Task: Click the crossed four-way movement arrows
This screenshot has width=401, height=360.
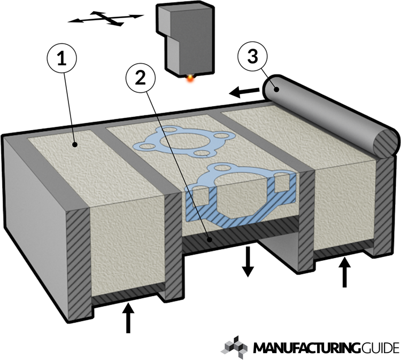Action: pyautogui.click(x=106, y=19)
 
